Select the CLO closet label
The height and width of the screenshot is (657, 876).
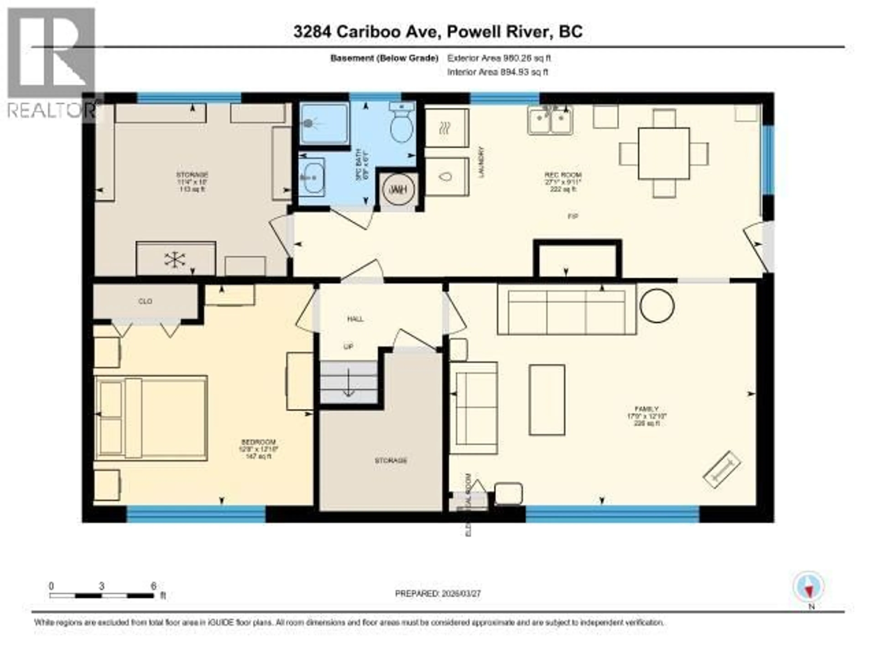click(x=145, y=301)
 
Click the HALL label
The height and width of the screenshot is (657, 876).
click(x=355, y=319)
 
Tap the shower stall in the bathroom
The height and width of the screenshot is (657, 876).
click(x=324, y=124)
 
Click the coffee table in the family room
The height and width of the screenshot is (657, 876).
click(x=547, y=400)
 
